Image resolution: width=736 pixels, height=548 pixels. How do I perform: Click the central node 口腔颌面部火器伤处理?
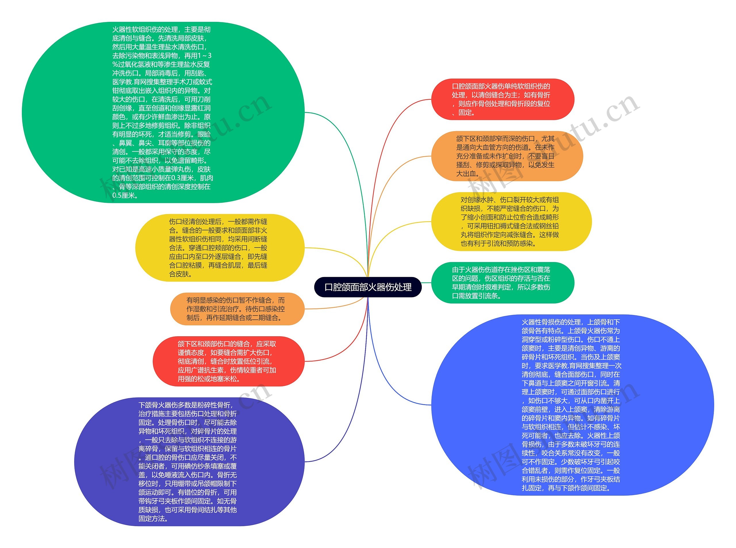click(368, 287)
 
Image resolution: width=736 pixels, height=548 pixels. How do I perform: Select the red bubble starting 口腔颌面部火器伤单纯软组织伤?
click(502, 99)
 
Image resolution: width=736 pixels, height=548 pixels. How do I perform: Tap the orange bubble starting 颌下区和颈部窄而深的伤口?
click(507, 156)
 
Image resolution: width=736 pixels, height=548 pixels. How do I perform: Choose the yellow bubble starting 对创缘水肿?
click(511, 221)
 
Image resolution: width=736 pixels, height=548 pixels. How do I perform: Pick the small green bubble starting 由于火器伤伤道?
click(502, 282)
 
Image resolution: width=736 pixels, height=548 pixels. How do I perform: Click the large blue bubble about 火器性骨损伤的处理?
click(572, 405)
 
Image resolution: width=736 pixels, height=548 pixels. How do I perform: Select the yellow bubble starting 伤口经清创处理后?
click(219, 247)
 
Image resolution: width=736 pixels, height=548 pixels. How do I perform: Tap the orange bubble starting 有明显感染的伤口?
click(236, 309)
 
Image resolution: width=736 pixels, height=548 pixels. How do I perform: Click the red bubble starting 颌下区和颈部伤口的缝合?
click(227, 361)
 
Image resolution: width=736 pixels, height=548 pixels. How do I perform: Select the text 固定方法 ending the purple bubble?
click(152, 518)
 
